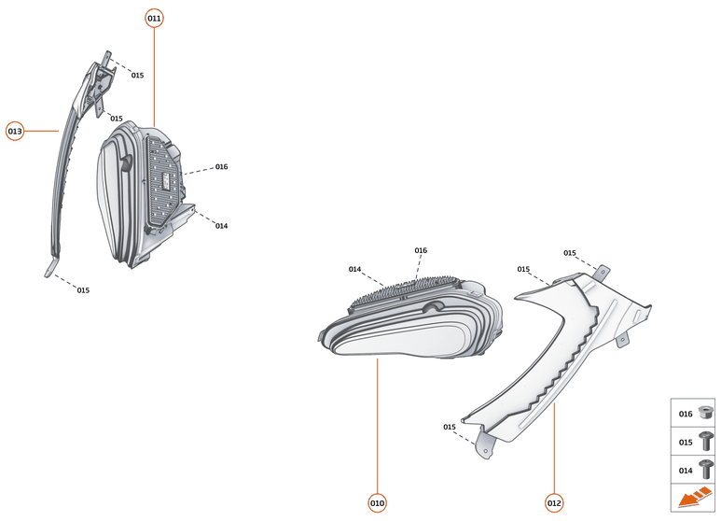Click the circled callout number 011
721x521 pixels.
click(154, 19)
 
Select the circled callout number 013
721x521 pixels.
click(15, 132)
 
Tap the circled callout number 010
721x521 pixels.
click(377, 503)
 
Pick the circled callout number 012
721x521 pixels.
click(554, 503)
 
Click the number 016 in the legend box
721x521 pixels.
click(686, 414)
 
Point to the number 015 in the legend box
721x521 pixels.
click(686, 442)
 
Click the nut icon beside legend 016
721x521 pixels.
click(706, 413)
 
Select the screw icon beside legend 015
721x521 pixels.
click(706, 441)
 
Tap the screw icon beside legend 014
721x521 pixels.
click(706, 469)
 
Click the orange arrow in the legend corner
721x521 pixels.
click(694, 500)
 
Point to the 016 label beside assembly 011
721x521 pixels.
click(221, 167)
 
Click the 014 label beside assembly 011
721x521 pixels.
click(221, 226)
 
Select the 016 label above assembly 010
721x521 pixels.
click(421, 250)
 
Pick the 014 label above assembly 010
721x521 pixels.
click(355, 269)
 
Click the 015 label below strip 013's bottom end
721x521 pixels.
click(83, 290)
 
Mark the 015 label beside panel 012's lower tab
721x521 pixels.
click(450, 427)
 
